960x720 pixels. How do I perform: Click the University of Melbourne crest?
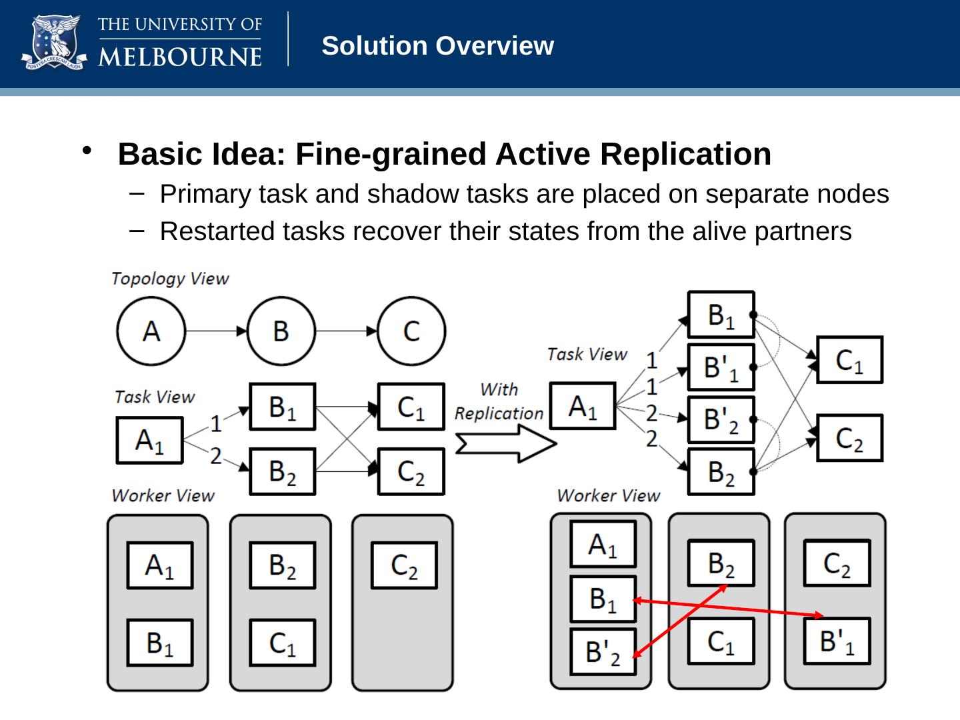pos(54,43)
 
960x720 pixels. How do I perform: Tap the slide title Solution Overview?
pos(437,46)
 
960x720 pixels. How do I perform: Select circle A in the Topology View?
pos(151,331)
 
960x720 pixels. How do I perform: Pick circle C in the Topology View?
pos(411,331)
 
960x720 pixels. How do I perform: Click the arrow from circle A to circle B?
pos(215,331)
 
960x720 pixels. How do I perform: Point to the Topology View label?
pos(170,279)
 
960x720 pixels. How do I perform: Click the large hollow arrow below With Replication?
pos(505,443)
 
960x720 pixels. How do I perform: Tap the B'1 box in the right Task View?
pos(721,367)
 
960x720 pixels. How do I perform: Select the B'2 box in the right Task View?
pos(721,419)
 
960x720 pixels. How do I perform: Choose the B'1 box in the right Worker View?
pos(837,641)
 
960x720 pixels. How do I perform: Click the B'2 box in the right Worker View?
pos(603,651)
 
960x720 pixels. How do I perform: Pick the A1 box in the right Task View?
pos(582,406)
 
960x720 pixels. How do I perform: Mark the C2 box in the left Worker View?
pos(404,565)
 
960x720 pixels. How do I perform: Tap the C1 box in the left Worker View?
pos(282,643)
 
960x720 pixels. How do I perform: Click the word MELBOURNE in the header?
pos(180,55)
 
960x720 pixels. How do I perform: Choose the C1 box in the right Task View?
pos(849,360)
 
